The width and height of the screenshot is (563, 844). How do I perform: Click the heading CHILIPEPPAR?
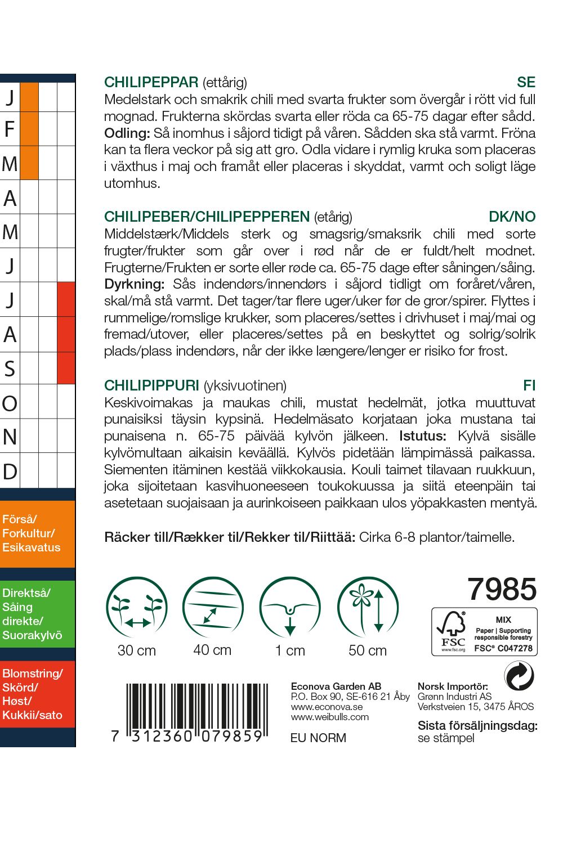(151, 83)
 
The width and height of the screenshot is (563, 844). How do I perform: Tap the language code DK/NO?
(512, 217)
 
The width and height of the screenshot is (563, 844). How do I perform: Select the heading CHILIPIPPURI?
(151, 385)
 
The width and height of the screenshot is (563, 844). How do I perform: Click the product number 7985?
(502, 589)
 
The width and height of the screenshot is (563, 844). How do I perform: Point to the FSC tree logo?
(452, 627)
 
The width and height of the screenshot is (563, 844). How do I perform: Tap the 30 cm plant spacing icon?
(137, 608)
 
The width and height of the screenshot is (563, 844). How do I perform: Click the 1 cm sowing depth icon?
(290, 608)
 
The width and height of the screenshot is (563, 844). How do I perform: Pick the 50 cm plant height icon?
(368, 608)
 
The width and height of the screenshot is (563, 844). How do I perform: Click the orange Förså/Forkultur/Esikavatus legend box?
(37, 533)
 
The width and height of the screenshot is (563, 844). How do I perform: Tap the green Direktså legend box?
(37, 614)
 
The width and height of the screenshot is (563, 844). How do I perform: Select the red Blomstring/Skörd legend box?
(37, 694)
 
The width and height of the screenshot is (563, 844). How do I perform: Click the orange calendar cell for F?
(29, 129)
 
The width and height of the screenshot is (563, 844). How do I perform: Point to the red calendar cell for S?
(66, 369)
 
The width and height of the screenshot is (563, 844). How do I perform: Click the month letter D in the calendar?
(10, 472)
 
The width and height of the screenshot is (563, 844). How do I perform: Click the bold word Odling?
(127, 133)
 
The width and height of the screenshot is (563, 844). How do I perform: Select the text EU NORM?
(318, 738)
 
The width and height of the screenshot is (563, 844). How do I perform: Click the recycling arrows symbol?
(519, 676)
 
